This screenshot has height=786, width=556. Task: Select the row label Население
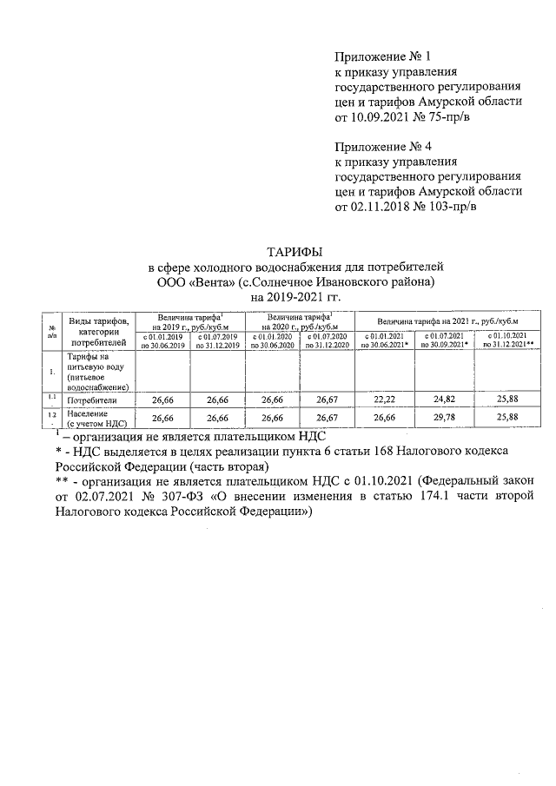click(86, 414)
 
